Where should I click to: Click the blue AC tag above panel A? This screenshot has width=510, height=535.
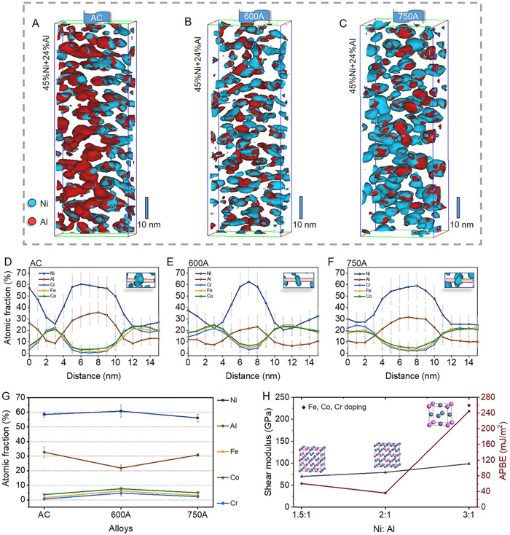click(96, 17)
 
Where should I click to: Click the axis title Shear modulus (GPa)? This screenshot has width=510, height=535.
click(271, 450)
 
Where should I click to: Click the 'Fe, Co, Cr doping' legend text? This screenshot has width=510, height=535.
click(328, 406)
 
